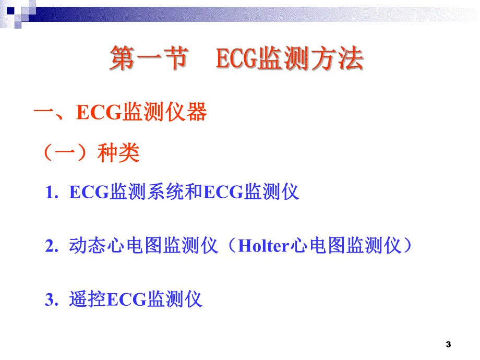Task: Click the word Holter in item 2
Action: [x=263, y=246]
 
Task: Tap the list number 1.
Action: [x=51, y=193]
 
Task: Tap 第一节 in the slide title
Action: [x=148, y=59]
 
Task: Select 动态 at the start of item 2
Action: [x=85, y=246]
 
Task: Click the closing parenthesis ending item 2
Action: [x=409, y=246]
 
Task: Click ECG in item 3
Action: [x=127, y=300]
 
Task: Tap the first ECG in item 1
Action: [x=89, y=193]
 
